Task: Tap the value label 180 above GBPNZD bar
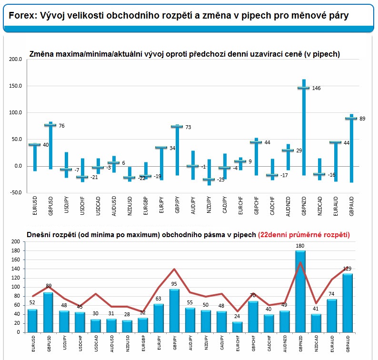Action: [300, 246]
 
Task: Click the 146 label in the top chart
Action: [316, 89]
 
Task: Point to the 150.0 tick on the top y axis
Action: [15, 86]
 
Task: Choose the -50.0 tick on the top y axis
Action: [15, 193]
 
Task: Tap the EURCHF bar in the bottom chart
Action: [237, 327]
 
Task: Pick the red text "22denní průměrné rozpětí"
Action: [304, 234]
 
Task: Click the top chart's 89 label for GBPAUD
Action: [362, 119]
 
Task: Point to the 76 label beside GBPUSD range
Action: [61, 126]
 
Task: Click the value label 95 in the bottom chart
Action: [174, 284]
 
